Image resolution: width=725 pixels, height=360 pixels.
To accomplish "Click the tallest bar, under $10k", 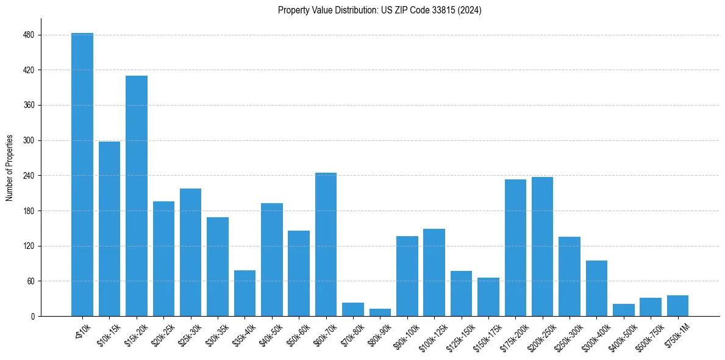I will pos(82,175).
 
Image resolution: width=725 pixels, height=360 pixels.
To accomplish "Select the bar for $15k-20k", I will pos(137,196).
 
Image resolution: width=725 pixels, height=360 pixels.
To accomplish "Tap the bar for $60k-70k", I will pos(326,244).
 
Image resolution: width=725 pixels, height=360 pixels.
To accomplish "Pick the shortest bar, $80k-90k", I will pos(380,312).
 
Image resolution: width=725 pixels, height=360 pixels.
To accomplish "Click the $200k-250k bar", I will pos(542,247).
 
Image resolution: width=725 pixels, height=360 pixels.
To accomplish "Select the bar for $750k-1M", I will pos(677,306).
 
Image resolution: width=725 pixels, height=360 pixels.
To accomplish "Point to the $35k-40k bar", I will pos(245,293).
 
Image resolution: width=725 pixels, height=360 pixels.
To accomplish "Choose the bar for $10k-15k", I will pos(109,229).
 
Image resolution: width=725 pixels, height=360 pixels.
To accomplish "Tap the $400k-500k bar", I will pos(623,310).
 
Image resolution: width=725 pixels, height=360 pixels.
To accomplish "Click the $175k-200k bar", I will pos(515,248).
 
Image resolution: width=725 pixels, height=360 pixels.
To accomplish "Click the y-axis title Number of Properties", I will pos(9,168).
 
